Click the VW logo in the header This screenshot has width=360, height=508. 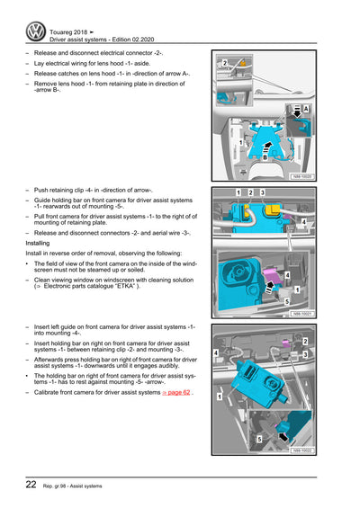pos(36,31)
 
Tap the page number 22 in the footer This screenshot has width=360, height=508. pos(31,485)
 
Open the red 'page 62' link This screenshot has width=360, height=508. pos(176,392)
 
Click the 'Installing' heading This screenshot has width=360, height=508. pos(38,243)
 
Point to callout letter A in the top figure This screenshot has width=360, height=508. pos(306,109)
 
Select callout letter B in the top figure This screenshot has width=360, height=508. pos(265,157)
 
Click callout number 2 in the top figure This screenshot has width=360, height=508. pos(225,63)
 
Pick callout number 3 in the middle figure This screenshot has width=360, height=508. pos(262,192)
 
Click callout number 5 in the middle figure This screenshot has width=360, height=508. pos(287,301)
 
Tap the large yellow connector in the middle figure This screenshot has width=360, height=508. pos(272,209)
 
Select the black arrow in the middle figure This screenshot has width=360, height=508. pos(269,287)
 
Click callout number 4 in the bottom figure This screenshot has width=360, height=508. pos(216,352)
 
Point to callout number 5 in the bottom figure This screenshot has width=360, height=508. pos(259,440)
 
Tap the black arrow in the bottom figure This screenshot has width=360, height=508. pos(283,437)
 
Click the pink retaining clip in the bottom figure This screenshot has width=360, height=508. pos(284,343)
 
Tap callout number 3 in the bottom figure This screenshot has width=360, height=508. pos(305,354)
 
